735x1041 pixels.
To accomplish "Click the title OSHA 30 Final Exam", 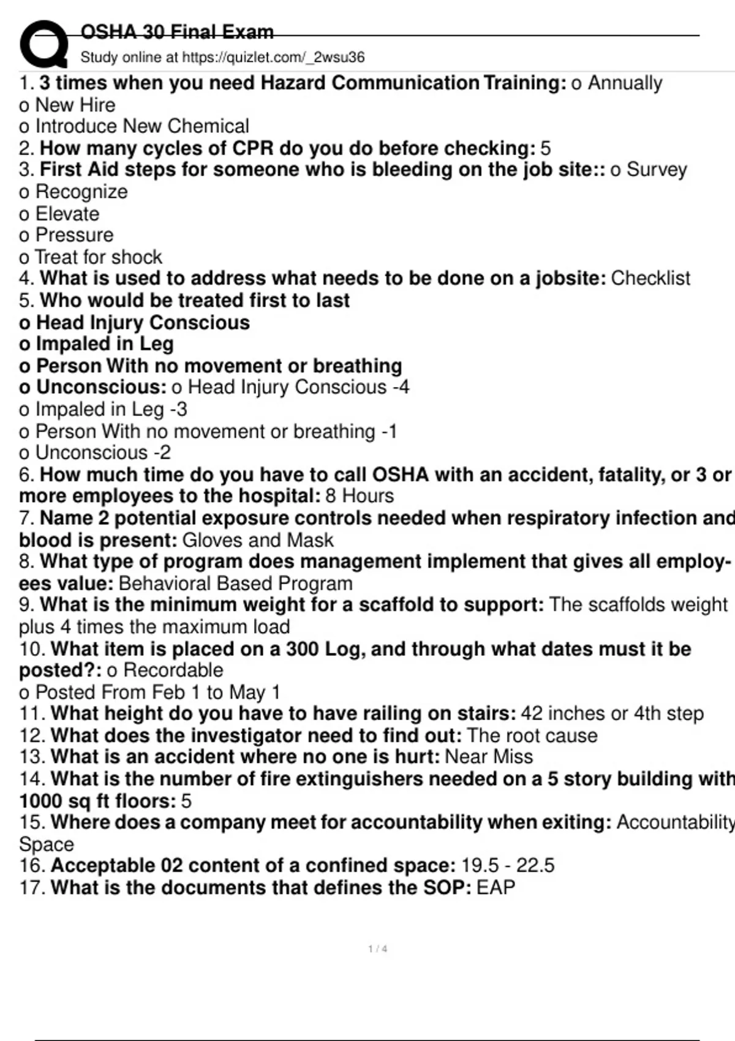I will point(177,32).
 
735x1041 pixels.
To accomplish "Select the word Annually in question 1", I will point(625,83).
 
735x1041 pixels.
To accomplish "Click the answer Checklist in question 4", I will point(650,278).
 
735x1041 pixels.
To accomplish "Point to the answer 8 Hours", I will point(360,496).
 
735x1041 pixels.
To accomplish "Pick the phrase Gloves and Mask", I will point(258,540).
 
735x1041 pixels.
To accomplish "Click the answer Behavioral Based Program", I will point(236,584).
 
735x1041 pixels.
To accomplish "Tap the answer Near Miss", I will point(489,756).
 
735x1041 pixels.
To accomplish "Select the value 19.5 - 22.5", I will point(508,865).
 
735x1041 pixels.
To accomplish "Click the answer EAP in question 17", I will point(496,887).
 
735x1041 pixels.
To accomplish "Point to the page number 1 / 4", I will point(377,949).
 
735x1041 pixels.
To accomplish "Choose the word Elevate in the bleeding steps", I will point(67,214).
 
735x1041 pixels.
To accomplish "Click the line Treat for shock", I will point(98,257).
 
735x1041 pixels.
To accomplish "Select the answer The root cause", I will point(532,735).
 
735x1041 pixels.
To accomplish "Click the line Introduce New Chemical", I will point(142,126).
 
